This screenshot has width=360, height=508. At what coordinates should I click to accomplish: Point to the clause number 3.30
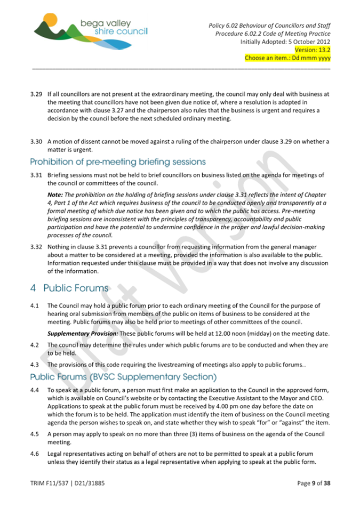point(36,142)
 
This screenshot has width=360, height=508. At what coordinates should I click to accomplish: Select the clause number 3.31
point(36,175)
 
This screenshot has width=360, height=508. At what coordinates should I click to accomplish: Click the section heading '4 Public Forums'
point(69,288)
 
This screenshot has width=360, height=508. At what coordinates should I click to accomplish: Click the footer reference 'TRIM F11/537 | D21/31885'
point(67,483)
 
